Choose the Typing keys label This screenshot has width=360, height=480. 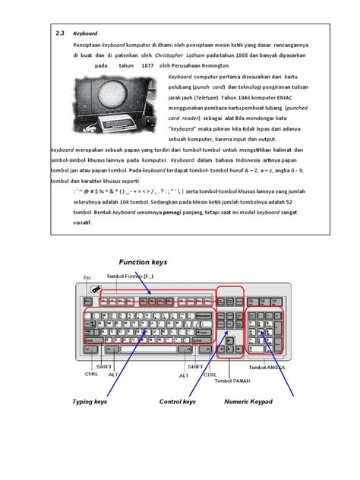[x=90, y=401]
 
